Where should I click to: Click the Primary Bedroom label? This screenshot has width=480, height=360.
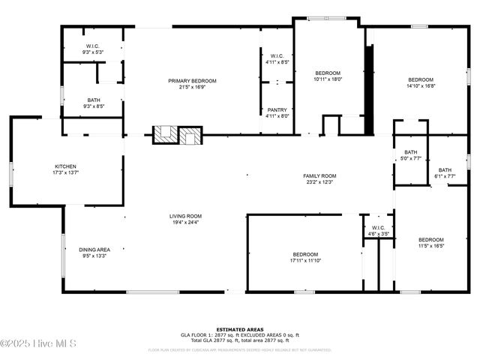192,81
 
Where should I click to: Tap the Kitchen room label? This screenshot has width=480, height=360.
65,166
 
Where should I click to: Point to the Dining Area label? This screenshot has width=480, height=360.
94,250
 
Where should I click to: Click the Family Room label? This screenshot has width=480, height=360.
319,175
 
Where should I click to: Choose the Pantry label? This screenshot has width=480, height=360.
277,110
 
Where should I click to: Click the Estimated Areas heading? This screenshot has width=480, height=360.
239,329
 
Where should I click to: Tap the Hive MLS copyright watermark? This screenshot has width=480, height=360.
38,343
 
